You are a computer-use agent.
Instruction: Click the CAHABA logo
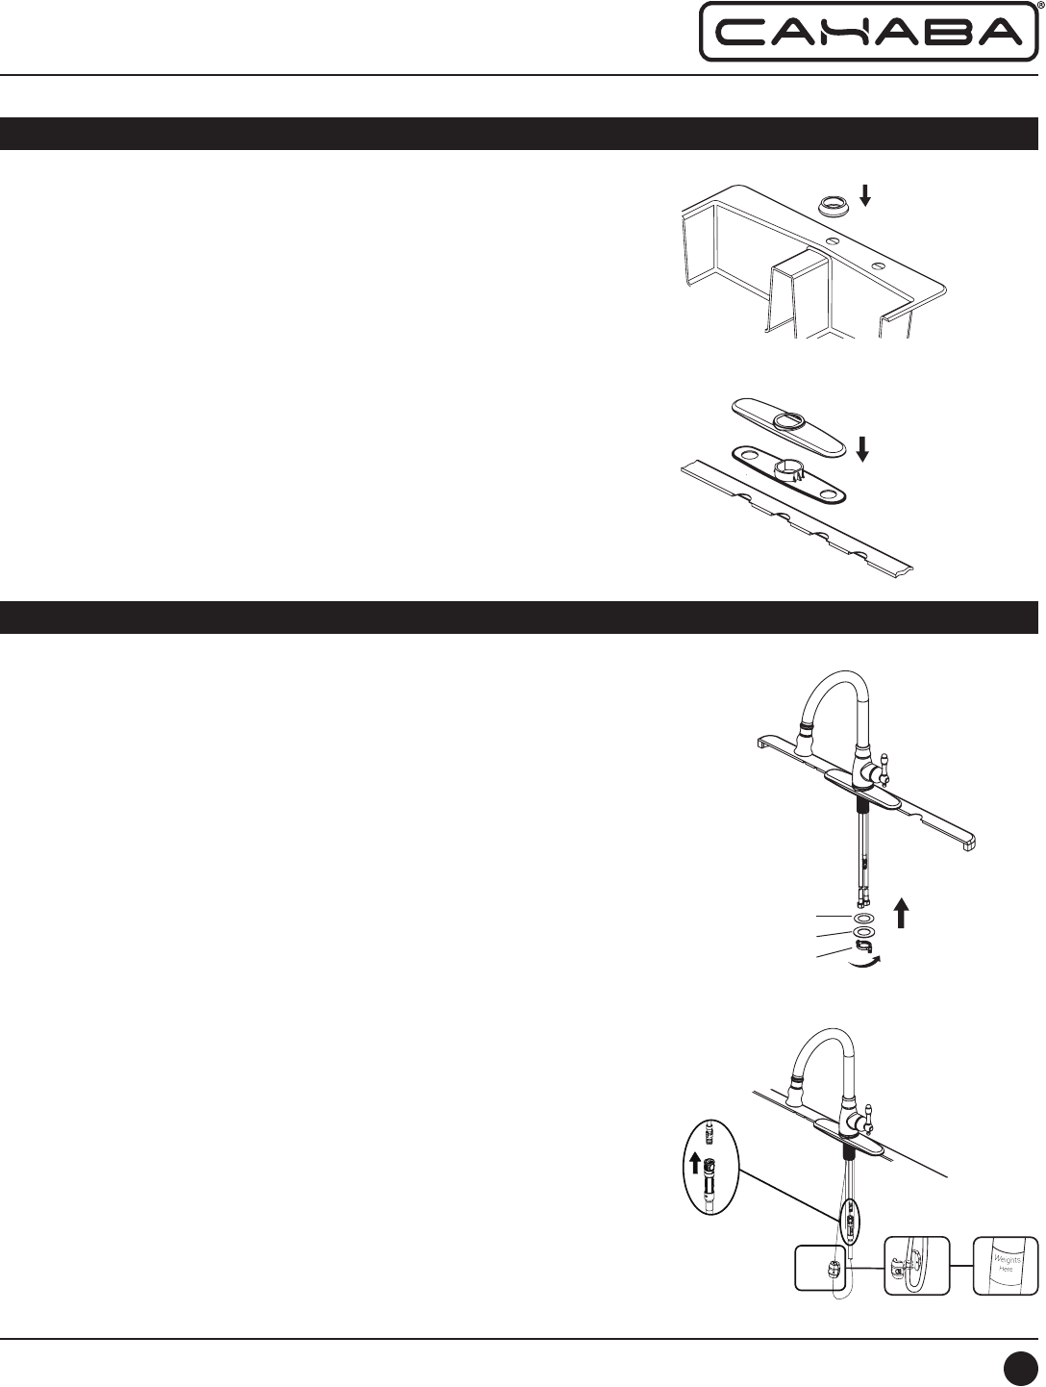click(x=868, y=32)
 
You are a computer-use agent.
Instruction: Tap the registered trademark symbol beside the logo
click(x=1041, y=5)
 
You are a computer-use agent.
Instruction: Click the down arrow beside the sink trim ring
click(x=865, y=195)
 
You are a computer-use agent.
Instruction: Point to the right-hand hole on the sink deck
click(x=878, y=265)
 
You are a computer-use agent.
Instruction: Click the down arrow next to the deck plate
click(x=862, y=450)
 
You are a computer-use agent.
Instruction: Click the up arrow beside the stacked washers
click(x=902, y=915)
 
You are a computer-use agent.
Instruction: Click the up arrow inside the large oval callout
click(x=695, y=1161)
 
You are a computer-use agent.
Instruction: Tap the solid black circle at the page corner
click(x=1021, y=1364)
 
